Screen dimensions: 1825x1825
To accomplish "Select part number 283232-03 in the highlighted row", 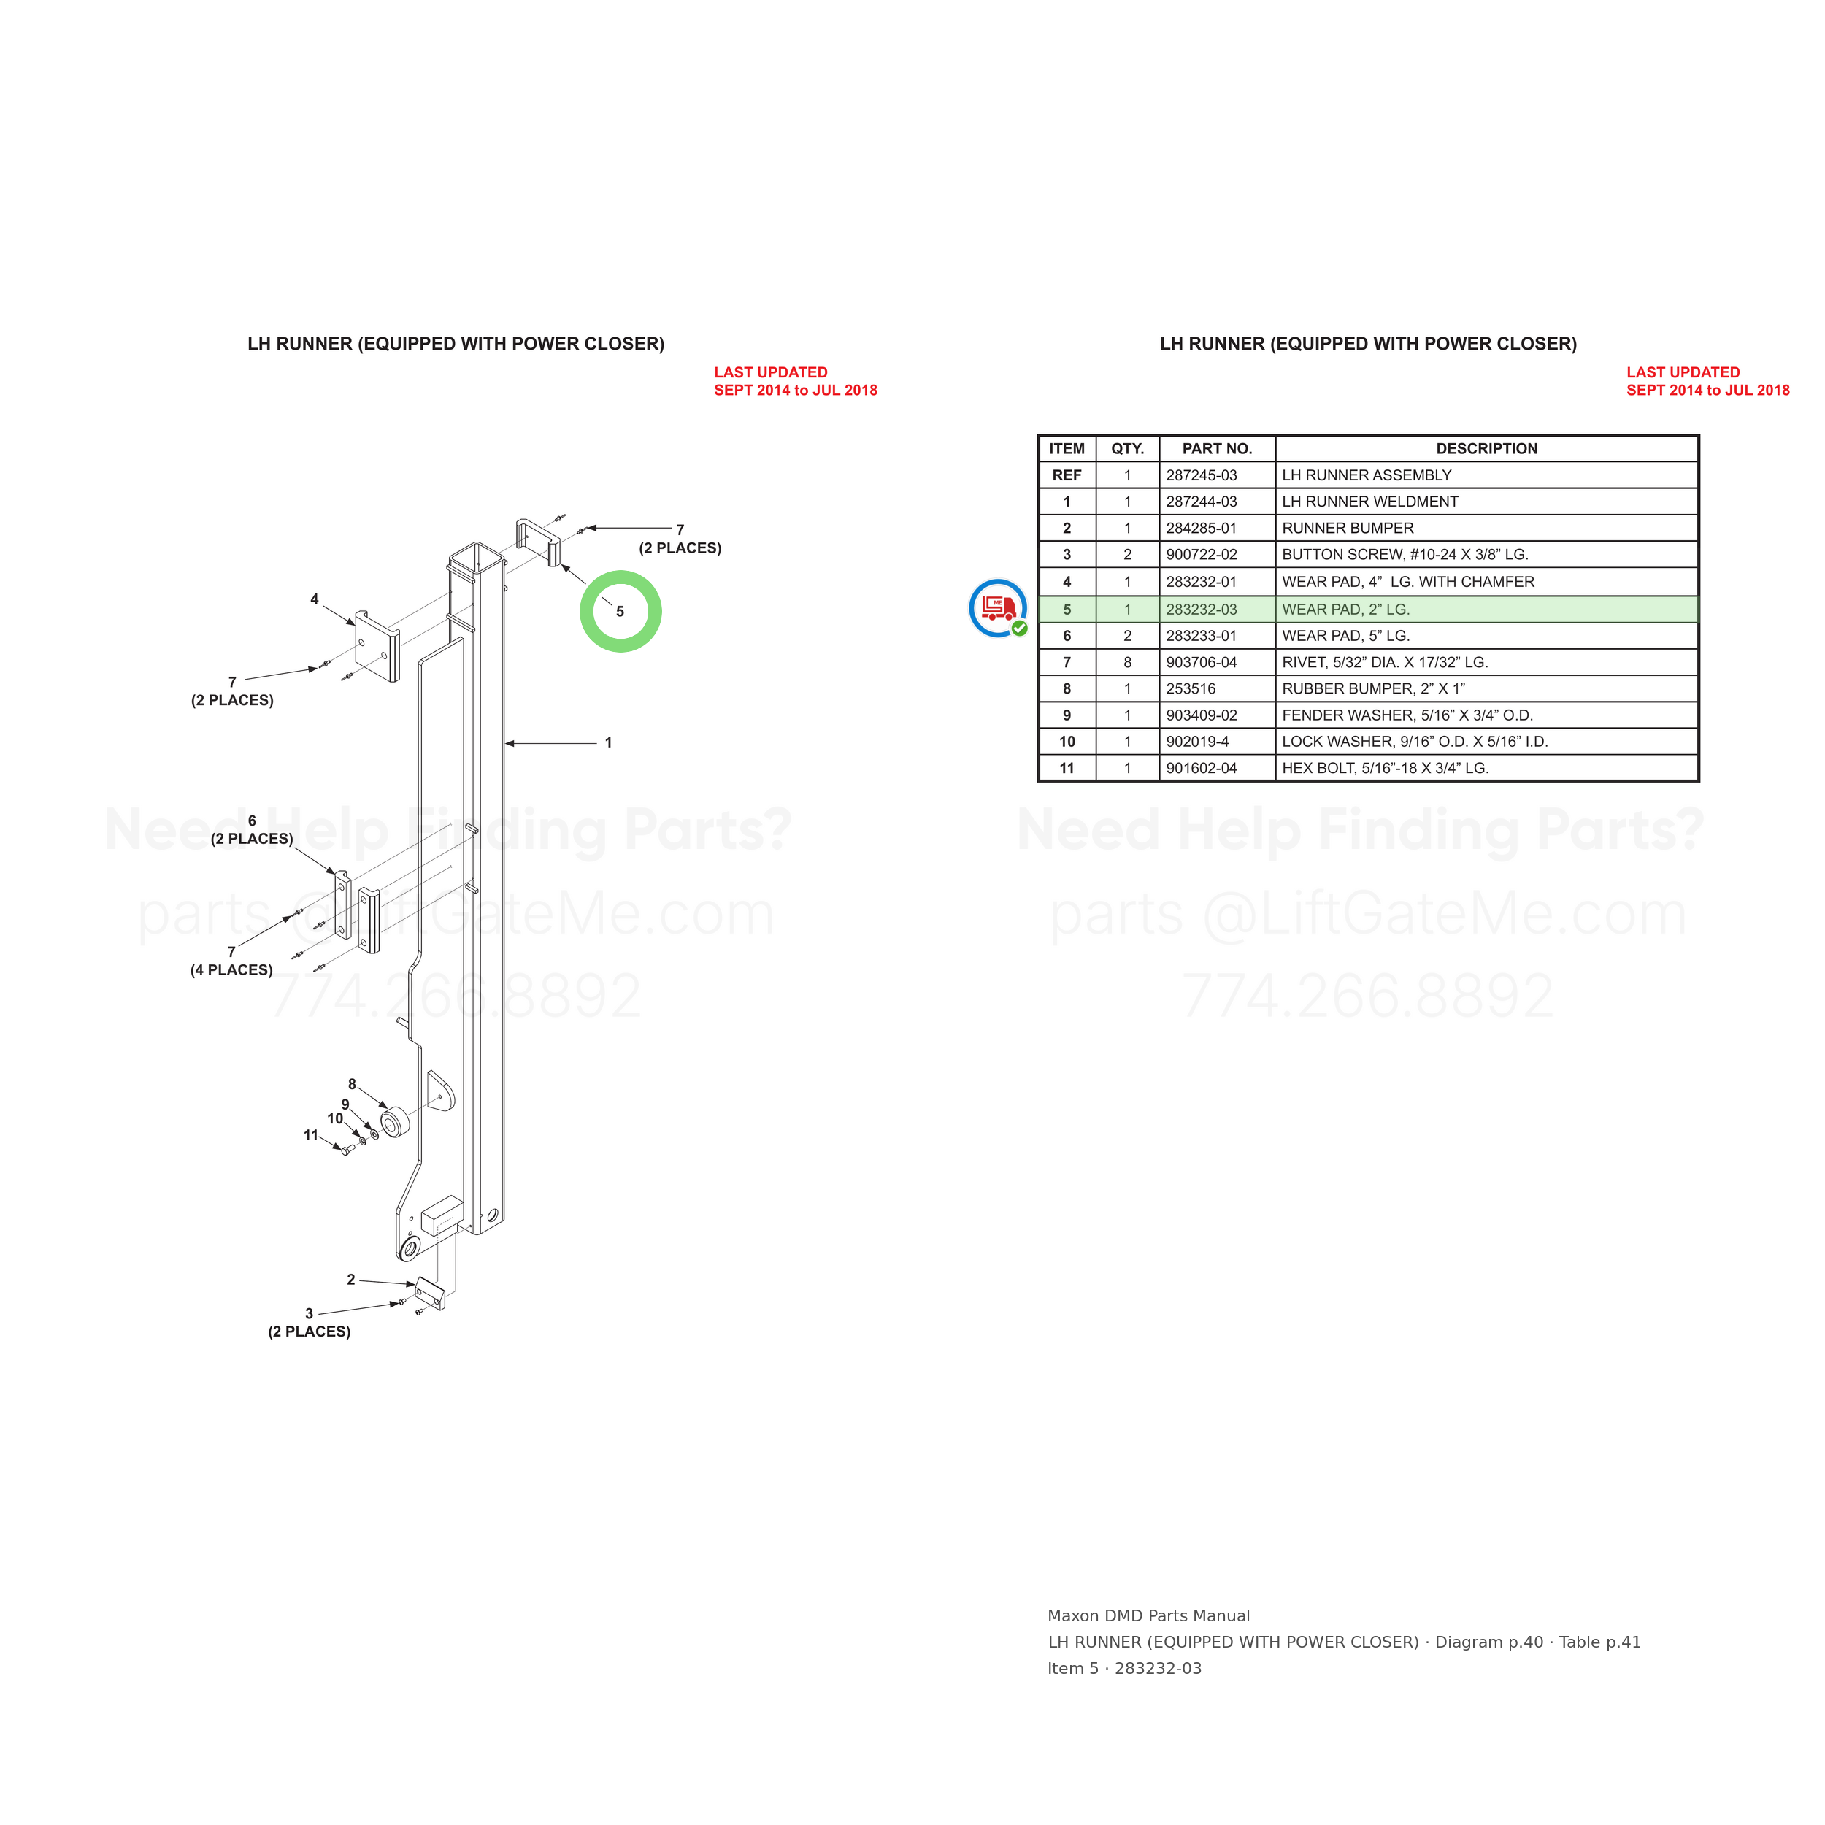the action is pyautogui.click(x=1201, y=610).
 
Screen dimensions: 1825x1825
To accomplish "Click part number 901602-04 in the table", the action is pyautogui.click(x=1201, y=768).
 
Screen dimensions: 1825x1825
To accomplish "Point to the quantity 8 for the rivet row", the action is pyautogui.click(x=1127, y=662).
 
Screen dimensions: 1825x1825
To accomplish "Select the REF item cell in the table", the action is pyautogui.click(x=1067, y=475).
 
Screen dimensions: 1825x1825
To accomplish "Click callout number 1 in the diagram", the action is pyautogui.click(x=608, y=742).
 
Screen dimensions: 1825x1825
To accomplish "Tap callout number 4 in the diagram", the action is pyautogui.click(x=315, y=599).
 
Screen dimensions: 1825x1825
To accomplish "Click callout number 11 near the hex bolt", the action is pyautogui.click(x=311, y=1135).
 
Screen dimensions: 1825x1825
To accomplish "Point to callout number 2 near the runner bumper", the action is pyautogui.click(x=350, y=1280).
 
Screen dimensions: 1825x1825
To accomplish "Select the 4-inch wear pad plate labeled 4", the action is pyautogui.click(x=377, y=645).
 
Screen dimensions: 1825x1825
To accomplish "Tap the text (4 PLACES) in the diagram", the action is pyautogui.click(x=231, y=970).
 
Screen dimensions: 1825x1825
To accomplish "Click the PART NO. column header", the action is pyautogui.click(x=1217, y=449).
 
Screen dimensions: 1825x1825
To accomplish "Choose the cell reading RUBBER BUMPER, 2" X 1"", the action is pyautogui.click(x=1372, y=688).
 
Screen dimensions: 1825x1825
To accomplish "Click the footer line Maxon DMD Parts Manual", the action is pyautogui.click(x=1148, y=1616).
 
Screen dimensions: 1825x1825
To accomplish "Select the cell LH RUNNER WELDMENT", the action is pyautogui.click(x=1369, y=502).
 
